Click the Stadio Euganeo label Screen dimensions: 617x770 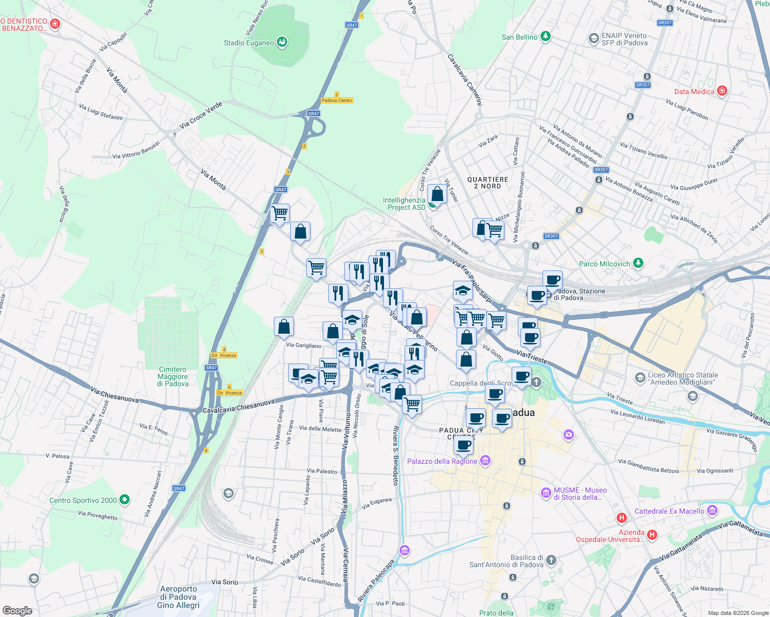(249, 43)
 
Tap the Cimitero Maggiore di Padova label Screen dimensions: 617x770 (173, 376)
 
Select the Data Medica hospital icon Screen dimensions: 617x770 (722, 91)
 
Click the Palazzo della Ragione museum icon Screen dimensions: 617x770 (485, 460)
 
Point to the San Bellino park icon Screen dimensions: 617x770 (546, 37)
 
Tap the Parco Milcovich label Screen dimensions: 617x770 (604, 264)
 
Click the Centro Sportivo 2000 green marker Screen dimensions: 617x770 (124, 499)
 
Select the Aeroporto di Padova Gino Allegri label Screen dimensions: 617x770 (178, 597)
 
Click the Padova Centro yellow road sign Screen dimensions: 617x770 (337, 100)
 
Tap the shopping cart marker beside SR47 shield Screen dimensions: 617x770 (279, 212)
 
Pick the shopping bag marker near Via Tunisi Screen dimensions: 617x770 (437, 194)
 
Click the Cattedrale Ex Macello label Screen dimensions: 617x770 (669, 511)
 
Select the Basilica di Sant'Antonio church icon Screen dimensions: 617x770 (551, 559)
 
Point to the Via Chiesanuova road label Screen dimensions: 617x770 (115, 395)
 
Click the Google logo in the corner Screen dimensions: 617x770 (17, 610)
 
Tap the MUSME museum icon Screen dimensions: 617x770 (546, 493)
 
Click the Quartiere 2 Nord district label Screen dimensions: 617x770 (487, 183)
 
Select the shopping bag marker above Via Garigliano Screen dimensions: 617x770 (284, 326)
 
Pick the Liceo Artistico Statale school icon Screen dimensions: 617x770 (640, 378)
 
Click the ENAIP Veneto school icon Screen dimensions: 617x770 (593, 39)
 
